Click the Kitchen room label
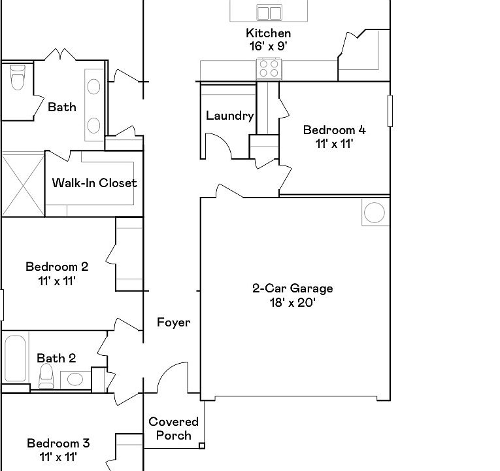click(268, 33)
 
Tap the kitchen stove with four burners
click(269, 69)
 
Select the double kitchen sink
click(269, 13)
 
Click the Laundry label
click(229, 116)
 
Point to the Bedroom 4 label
click(335, 130)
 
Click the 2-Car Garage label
click(292, 288)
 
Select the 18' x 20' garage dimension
click(292, 302)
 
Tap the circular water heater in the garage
click(375, 213)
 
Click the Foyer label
click(173, 323)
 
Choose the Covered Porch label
click(173, 428)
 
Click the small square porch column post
click(202, 445)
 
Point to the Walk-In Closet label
click(94, 183)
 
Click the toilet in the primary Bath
click(17, 78)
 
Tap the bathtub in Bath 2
click(15, 358)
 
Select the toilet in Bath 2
click(46, 376)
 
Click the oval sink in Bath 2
click(75, 379)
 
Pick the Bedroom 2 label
click(57, 267)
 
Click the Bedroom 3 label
click(58, 444)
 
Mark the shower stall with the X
click(23, 184)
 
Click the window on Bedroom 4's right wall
click(390, 111)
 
